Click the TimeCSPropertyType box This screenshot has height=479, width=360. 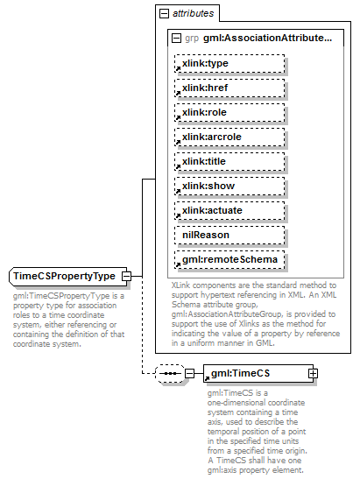coord(64,276)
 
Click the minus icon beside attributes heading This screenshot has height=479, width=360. coord(163,14)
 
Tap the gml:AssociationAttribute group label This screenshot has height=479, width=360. coord(267,39)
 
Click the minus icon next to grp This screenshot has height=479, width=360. coord(176,39)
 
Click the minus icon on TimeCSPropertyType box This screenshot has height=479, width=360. coord(127,276)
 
